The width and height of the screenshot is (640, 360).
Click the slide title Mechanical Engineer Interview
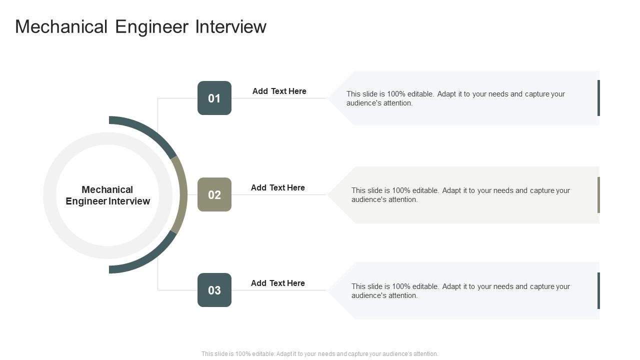click(140, 26)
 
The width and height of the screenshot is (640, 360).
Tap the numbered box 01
click(214, 98)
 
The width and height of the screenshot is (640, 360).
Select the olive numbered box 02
click(214, 194)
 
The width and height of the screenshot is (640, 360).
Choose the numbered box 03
click(214, 290)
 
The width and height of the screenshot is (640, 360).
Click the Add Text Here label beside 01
click(279, 91)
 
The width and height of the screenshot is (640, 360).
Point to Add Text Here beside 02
click(277, 187)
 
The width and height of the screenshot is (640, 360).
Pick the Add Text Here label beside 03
click(277, 283)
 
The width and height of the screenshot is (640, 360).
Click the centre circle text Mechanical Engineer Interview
click(108, 195)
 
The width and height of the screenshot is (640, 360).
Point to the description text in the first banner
click(455, 98)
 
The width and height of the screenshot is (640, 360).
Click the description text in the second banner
click(460, 195)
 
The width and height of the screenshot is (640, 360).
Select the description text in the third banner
click(460, 291)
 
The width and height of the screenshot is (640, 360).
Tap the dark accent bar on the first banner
click(598, 98)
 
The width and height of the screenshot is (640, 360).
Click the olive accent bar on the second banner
click(598, 194)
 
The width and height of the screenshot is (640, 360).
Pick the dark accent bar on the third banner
click(598, 290)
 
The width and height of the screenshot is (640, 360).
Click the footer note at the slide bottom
click(320, 354)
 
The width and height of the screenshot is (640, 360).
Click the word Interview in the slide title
click(230, 26)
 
